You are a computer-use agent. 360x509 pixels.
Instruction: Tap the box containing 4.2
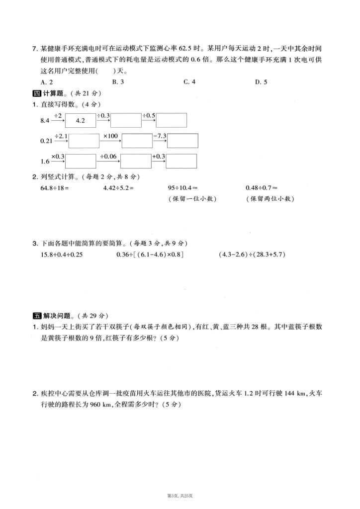[81, 121]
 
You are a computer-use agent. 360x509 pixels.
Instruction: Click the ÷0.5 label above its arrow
[149, 115]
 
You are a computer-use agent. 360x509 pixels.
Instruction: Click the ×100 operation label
[110, 135]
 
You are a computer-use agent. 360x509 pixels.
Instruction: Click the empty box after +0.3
[181, 161]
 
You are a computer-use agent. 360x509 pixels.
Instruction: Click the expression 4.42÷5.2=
[118, 188]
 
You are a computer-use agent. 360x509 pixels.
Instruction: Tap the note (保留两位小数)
[269, 199]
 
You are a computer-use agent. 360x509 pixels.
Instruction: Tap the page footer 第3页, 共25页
[180, 496]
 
